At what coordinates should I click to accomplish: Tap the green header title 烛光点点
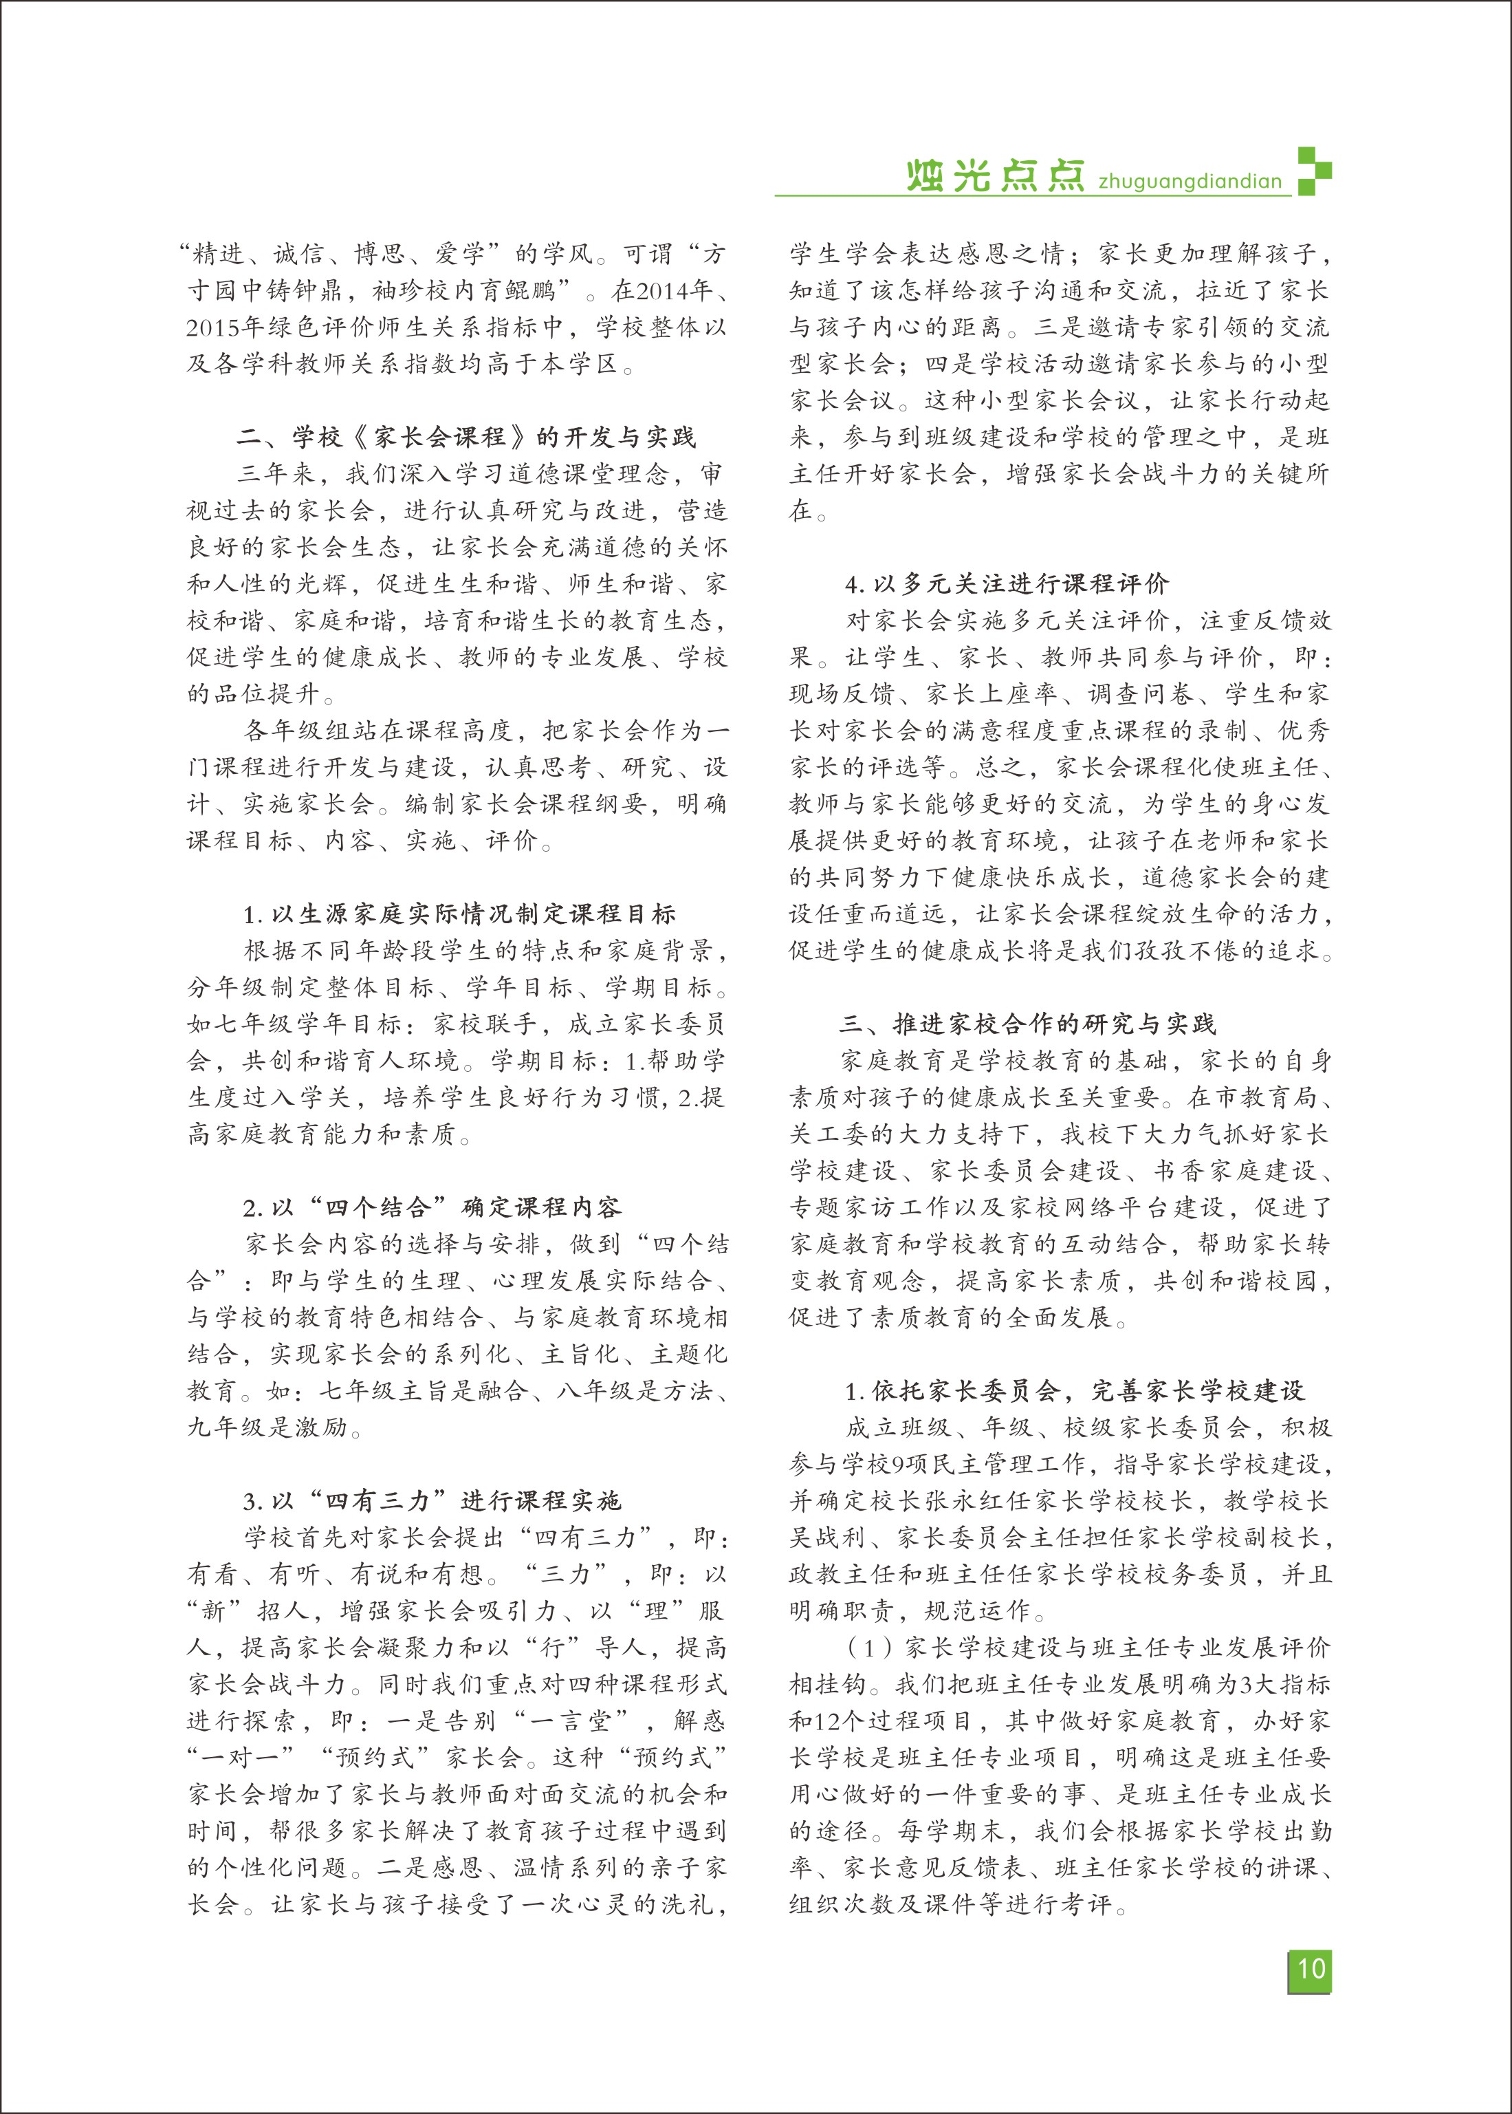point(994,176)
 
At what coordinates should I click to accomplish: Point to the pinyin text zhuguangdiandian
point(1190,182)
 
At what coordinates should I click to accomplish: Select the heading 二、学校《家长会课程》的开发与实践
point(466,437)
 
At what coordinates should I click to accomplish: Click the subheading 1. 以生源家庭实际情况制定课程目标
point(459,914)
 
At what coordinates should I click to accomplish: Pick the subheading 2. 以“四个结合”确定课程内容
point(432,1207)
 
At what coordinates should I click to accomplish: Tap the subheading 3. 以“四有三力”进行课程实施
point(432,1500)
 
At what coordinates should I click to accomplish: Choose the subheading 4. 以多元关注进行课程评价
point(1007,584)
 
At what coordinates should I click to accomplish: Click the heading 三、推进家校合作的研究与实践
point(1027,1024)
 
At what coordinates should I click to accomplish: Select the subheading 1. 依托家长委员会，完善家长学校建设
point(1075,1390)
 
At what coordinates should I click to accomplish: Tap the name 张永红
point(972,1500)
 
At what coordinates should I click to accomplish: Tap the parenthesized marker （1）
point(868,1648)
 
